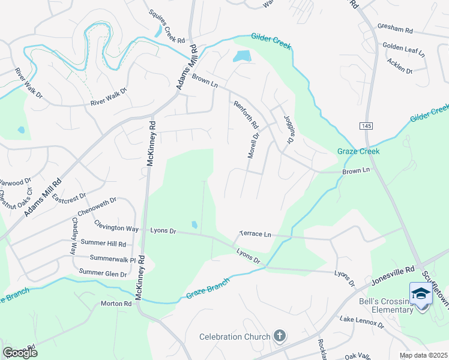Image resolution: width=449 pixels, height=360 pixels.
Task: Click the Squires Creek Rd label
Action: (166, 26)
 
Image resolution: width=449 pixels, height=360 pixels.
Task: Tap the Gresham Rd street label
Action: (395, 28)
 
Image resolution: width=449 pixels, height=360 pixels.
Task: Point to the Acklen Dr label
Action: (400, 66)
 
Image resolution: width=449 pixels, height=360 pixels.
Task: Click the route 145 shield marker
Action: (366, 125)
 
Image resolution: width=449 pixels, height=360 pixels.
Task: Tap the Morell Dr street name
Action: (253, 146)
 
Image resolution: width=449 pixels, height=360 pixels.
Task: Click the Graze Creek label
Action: (358, 151)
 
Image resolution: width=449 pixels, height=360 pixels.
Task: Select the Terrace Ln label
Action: (255, 233)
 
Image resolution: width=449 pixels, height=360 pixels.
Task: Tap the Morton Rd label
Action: (116, 304)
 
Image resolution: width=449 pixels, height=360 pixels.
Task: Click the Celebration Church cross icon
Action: (279, 336)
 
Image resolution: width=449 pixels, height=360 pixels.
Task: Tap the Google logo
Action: (20, 352)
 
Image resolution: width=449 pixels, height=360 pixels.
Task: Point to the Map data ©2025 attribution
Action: (423, 355)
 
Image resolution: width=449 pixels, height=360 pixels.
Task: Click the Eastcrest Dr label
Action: (69, 196)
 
